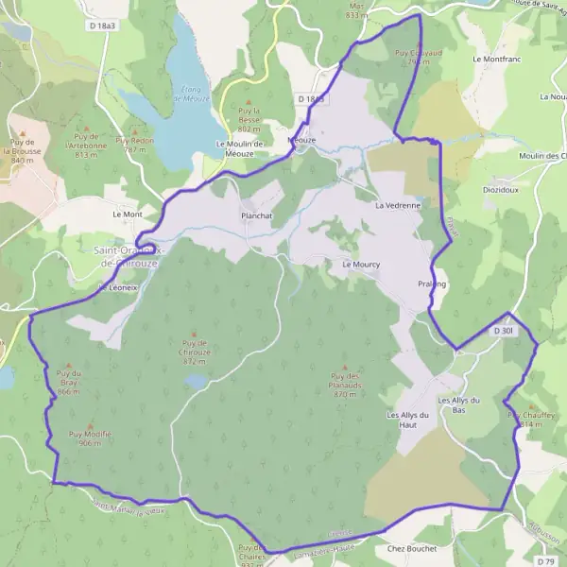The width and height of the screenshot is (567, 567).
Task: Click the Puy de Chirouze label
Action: pyautogui.click(x=195, y=352)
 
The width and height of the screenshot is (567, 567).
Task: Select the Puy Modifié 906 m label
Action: pyautogui.click(x=91, y=438)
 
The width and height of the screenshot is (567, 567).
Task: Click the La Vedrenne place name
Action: pyautogui.click(x=397, y=205)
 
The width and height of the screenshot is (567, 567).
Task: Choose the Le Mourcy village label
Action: pyautogui.click(x=361, y=265)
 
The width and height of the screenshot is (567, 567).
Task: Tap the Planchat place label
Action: pyautogui.click(x=256, y=215)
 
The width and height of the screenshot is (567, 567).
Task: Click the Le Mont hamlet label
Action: pyautogui.click(x=127, y=215)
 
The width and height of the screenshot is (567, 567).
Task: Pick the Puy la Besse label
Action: pyautogui.click(x=249, y=120)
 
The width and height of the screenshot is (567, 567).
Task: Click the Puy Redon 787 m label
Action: pyautogui.click(x=134, y=145)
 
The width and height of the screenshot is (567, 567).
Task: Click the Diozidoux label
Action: pyautogui.click(x=501, y=188)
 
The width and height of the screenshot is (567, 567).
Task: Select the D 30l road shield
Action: pyautogui.click(x=503, y=331)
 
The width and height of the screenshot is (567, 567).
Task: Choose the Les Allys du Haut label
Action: pyautogui.click(x=408, y=420)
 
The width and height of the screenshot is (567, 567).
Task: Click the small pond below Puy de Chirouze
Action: pyautogui.click(x=195, y=381)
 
